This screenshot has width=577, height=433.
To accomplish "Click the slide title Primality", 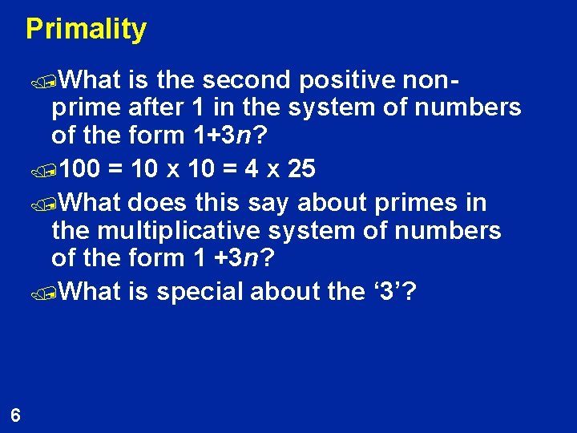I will tap(86, 29).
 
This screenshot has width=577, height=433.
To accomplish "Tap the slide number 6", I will tap(16, 415).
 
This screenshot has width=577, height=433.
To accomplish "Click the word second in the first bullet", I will tap(246, 80).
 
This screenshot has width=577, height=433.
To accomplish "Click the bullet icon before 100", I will tap(52, 171).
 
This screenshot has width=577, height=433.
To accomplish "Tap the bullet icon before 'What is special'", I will tap(52, 293).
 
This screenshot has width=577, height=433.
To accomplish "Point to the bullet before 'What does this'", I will tap(52, 204).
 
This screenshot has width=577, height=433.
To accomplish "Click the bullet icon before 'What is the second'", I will tap(52, 81).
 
